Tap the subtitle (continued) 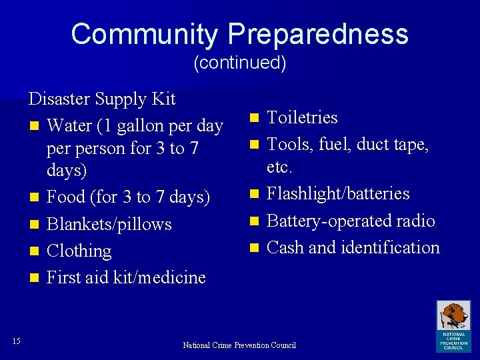239,63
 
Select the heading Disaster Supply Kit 102,99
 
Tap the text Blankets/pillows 109,224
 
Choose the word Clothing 79,251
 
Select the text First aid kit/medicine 126,277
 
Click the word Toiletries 302,118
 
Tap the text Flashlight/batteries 338,193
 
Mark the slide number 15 17,341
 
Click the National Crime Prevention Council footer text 239,345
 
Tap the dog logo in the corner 453,326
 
